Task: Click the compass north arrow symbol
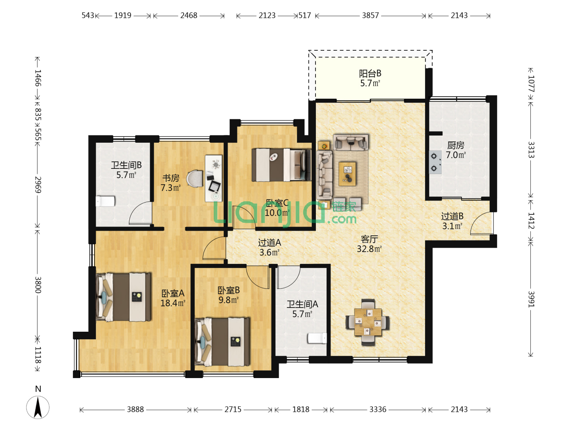pos(38,407)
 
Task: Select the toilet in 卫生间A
pos(317,338)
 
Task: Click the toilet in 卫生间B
pos(105,201)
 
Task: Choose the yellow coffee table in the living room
pos(347,174)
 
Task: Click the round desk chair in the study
pos(195,178)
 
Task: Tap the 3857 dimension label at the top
pos(370,15)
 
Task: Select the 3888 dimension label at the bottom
pos(135,409)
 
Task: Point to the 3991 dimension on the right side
pos(531,299)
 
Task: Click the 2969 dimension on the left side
pos(38,185)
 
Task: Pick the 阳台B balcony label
pos(370,74)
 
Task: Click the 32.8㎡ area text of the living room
pos(369,249)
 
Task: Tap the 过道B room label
pos(452,216)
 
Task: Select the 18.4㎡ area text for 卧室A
pos(173,303)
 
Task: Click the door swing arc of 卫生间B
pos(140,212)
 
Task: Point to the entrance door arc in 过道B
pos(481,224)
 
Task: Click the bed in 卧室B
pos(222,342)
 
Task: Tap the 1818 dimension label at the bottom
pos(301,409)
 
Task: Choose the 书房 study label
pos(171,178)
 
